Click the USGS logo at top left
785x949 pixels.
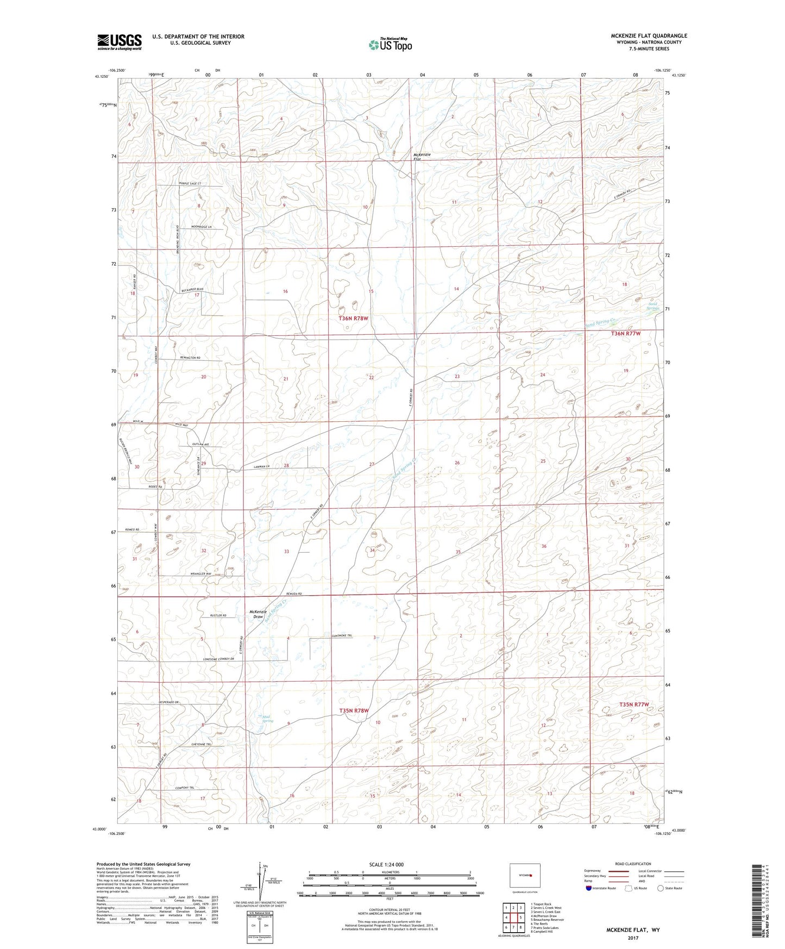point(119,42)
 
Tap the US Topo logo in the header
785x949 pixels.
point(390,45)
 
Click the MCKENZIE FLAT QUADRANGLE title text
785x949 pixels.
point(641,36)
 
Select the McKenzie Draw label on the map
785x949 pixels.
point(256,614)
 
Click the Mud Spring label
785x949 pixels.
point(267,719)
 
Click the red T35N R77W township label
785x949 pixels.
point(634,704)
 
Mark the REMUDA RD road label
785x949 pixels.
point(291,595)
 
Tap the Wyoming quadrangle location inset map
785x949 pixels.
point(525,875)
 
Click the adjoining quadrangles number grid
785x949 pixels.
point(513,917)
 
